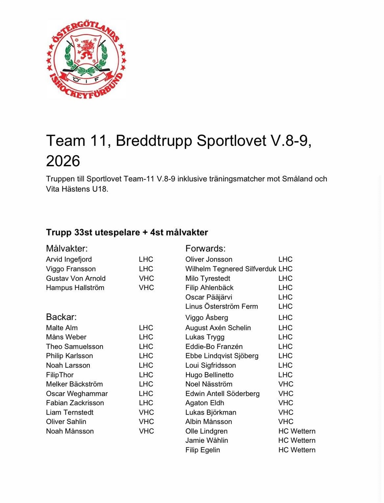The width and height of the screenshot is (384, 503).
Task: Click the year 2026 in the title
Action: click(63, 161)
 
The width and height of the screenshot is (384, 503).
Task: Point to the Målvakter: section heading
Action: click(67, 248)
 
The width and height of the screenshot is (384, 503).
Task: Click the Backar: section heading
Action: click(61, 317)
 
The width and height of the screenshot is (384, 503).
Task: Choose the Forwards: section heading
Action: click(205, 248)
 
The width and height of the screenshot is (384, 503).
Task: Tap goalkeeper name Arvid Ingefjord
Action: click(69, 260)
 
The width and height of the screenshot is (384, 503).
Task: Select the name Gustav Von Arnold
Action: click(76, 278)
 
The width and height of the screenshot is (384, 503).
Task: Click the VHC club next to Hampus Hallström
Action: click(146, 288)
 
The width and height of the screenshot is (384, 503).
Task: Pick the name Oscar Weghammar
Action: click(77, 393)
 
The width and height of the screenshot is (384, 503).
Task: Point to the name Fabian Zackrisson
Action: click(75, 403)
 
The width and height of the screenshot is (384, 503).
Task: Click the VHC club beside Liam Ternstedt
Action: click(146, 412)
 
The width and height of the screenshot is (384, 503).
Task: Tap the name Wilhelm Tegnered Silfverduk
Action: click(230, 269)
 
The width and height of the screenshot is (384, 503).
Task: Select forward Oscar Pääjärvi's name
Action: click(209, 297)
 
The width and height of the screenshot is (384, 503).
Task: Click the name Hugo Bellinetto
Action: click(209, 375)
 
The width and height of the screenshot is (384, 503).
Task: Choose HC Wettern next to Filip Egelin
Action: click(297, 450)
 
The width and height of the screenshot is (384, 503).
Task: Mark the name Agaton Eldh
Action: click(205, 403)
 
